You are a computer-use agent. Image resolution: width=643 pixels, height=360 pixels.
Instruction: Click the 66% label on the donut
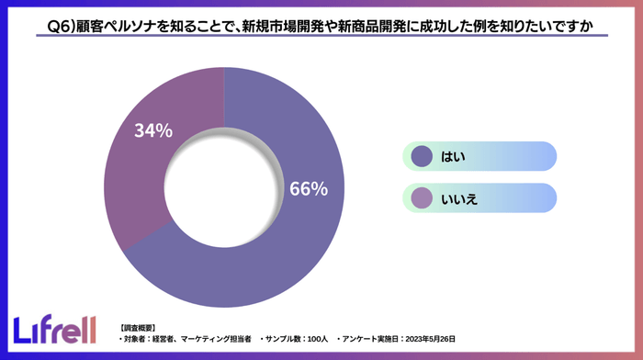coord(308,189)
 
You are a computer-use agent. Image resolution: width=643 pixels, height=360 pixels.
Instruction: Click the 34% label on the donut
coord(153,131)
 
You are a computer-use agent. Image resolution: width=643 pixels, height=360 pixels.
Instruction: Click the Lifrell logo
coord(56,330)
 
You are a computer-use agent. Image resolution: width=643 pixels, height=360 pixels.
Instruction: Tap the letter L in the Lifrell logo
coord(22,330)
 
